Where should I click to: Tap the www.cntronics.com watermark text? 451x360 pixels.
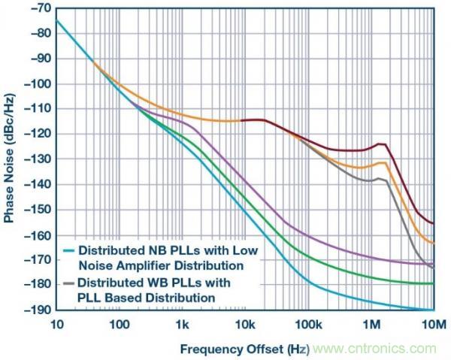376,348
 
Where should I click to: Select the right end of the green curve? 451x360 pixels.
434,283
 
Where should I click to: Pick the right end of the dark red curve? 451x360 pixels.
434,223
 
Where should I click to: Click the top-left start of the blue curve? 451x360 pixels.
56,20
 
